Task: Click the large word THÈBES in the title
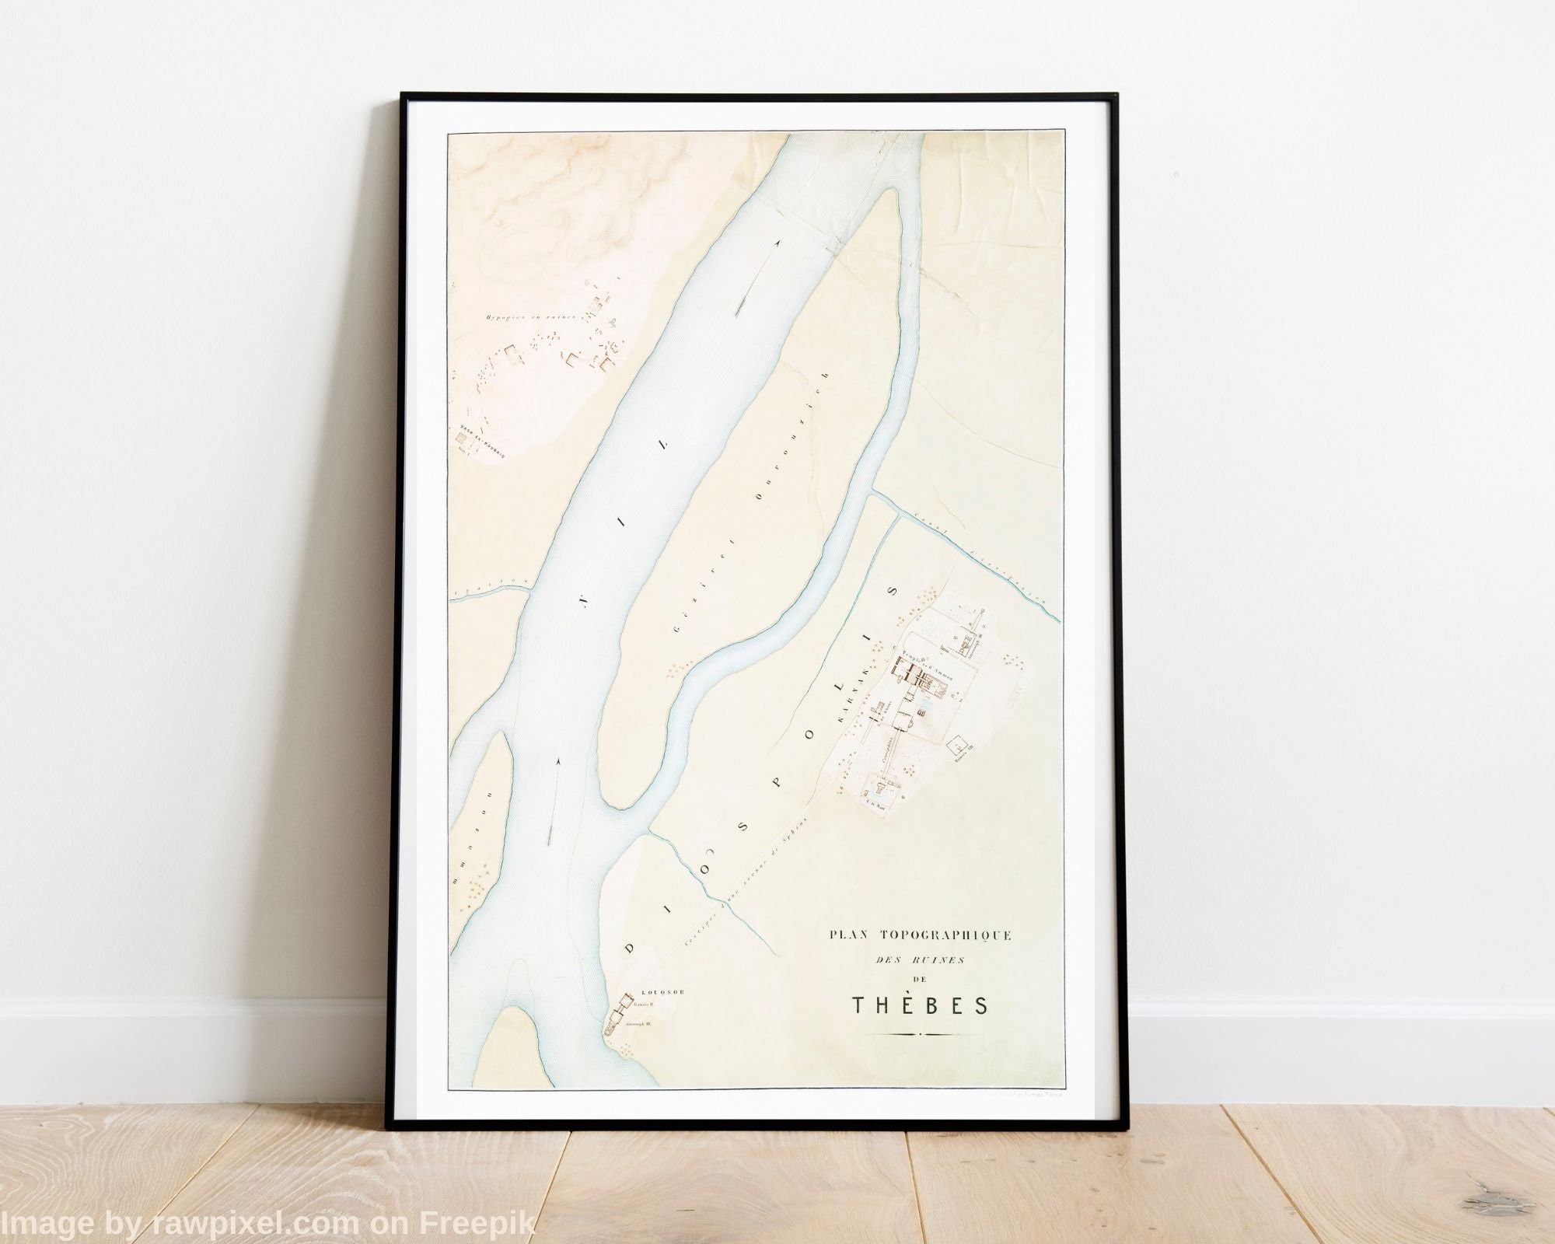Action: pyautogui.click(x=921, y=1005)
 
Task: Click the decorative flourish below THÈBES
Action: pyautogui.click(x=920, y=1035)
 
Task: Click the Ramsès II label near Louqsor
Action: pyautogui.click(x=646, y=1004)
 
